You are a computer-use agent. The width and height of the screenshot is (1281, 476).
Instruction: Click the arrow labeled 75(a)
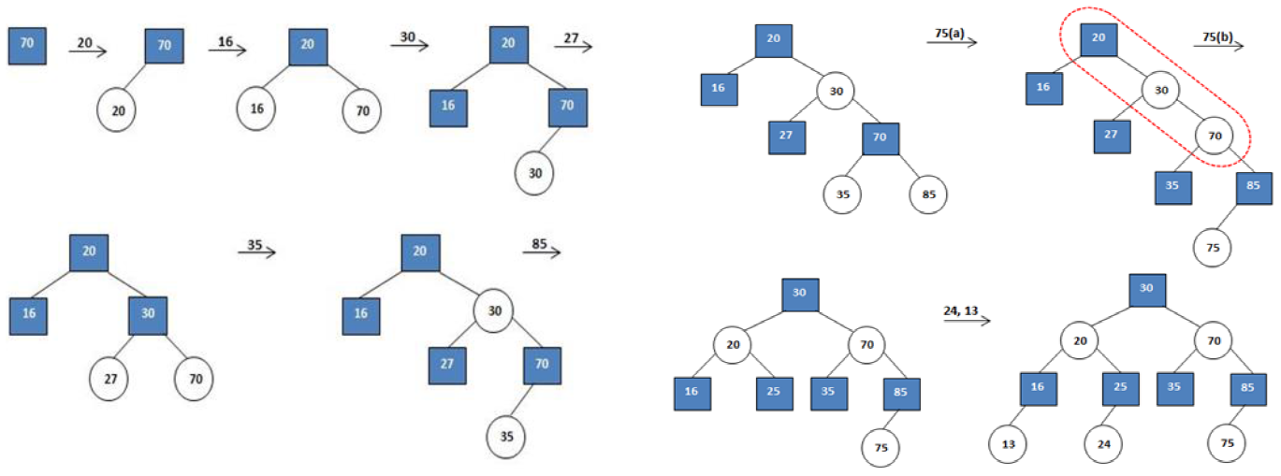click(955, 42)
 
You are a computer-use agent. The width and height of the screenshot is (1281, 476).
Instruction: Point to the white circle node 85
click(928, 195)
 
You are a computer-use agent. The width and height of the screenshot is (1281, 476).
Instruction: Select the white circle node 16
click(256, 108)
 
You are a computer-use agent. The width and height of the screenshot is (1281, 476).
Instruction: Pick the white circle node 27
click(109, 380)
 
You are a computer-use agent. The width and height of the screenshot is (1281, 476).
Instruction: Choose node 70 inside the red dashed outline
click(1214, 136)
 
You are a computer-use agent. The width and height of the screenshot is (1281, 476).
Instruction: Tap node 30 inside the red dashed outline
click(1161, 91)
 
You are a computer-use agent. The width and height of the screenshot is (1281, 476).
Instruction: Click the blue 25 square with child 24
click(1121, 388)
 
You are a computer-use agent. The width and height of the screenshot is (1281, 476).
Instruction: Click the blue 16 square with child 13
click(1038, 388)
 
